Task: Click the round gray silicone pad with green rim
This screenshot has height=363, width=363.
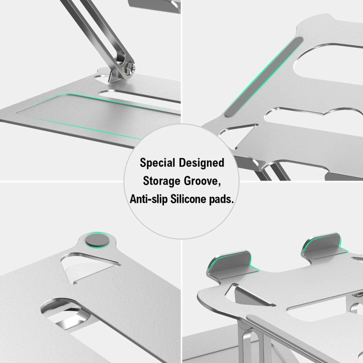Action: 97,240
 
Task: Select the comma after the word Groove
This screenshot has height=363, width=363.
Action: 221,184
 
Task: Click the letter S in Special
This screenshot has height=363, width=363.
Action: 142,162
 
